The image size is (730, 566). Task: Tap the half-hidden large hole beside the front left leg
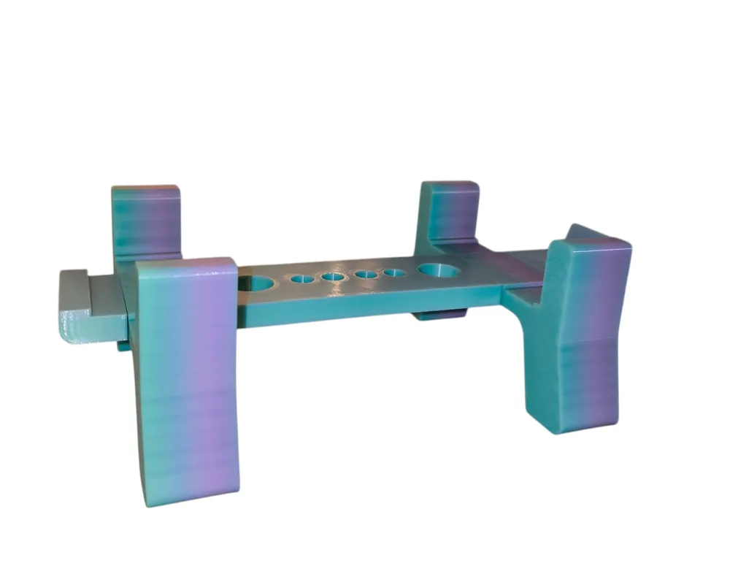coord(254,282)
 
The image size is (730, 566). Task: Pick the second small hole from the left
coord(332,278)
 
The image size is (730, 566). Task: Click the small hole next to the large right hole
coord(396,274)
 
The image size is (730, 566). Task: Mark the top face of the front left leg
coord(186,263)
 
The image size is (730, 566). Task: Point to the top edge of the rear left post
coord(146,188)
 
